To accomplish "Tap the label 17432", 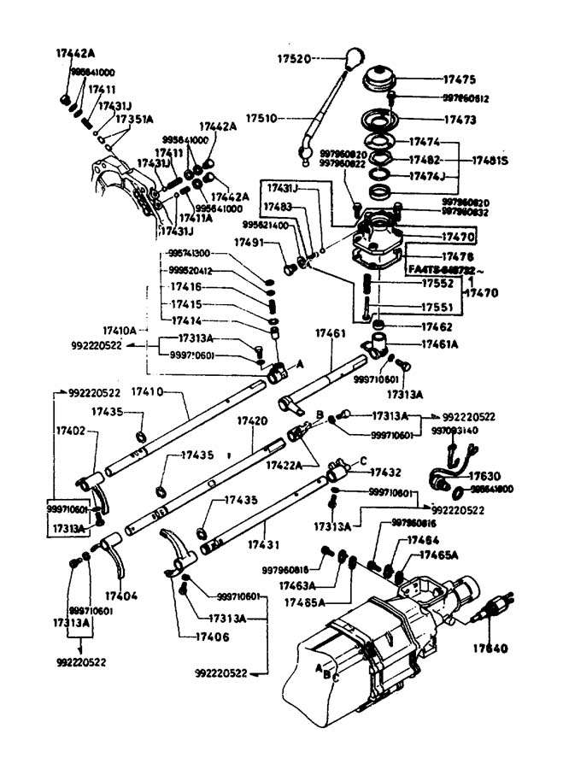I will pyautogui.click(x=386, y=472).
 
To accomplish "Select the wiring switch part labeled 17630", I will pyautogui.click(x=445, y=473).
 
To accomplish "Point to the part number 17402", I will pyautogui.click(x=70, y=432).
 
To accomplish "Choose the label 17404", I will pyautogui.click(x=121, y=595).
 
